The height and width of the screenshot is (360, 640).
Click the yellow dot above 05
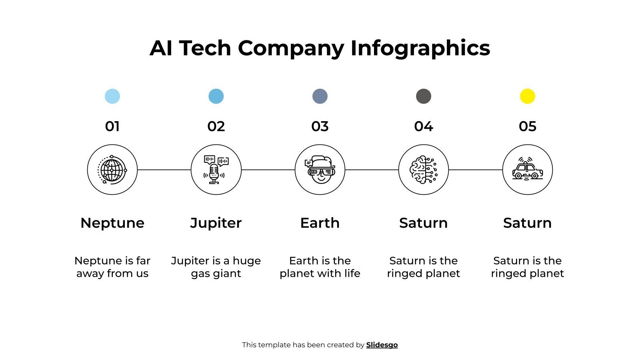[x=527, y=96]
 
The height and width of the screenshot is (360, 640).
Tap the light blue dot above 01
[x=112, y=96]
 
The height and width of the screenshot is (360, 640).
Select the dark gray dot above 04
[x=424, y=96]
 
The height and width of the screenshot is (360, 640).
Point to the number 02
[x=216, y=126]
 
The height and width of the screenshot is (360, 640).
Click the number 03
[x=320, y=126]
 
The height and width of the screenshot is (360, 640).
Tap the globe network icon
[x=112, y=170]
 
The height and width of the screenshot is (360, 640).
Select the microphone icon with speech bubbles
[x=216, y=170]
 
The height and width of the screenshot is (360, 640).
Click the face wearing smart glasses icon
[x=320, y=170]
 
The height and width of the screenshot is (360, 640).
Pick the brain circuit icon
[x=424, y=170]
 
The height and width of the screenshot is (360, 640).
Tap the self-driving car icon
[x=527, y=170]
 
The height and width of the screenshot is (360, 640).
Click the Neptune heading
[x=112, y=223]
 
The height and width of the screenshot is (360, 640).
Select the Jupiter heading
[x=216, y=223]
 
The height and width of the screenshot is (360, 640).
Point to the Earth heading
[x=320, y=223]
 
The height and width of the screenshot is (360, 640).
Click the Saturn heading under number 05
[x=527, y=223]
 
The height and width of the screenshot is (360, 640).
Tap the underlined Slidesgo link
[x=382, y=345]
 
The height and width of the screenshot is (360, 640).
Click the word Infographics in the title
[x=420, y=48]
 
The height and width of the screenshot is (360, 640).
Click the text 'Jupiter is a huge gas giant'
[x=216, y=267]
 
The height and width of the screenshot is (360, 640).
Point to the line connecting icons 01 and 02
[x=164, y=170]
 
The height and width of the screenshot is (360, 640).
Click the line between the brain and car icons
[x=475, y=170]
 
